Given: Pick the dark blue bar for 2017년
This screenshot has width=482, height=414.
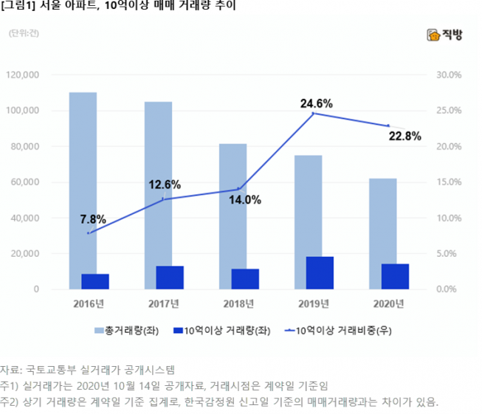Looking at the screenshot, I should pos(169,277).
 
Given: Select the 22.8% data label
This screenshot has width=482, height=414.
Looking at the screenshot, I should pos(404,136).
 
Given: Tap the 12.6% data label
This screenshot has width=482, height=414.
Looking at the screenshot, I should pos(165,184).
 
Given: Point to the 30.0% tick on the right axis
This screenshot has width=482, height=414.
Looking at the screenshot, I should pos(449,75).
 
